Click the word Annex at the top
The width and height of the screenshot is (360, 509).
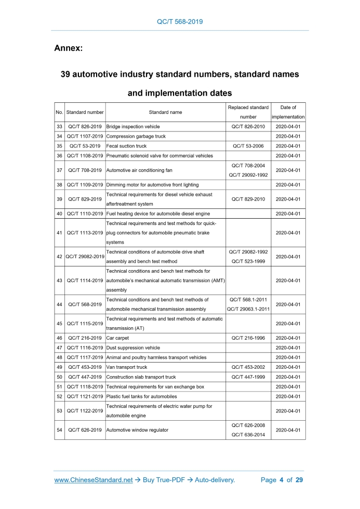click(69, 48)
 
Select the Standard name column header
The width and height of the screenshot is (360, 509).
click(165, 112)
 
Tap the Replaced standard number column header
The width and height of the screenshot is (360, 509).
click(248, 112)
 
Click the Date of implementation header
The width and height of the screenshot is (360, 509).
click(288, 112)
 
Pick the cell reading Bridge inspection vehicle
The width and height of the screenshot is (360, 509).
click(133, 127)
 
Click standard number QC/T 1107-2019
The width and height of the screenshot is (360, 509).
click(85, 137)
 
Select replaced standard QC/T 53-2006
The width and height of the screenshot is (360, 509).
click(248, 146)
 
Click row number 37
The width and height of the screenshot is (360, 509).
click(59, 170)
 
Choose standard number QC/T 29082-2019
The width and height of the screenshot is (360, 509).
click(85, 257)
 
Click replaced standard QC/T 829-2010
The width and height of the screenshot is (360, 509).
click(248, 199)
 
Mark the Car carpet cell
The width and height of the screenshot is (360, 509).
click(118, 338)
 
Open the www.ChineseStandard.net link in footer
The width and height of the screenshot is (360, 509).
click(94, 480)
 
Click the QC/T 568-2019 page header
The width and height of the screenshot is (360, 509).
click(180, 22)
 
